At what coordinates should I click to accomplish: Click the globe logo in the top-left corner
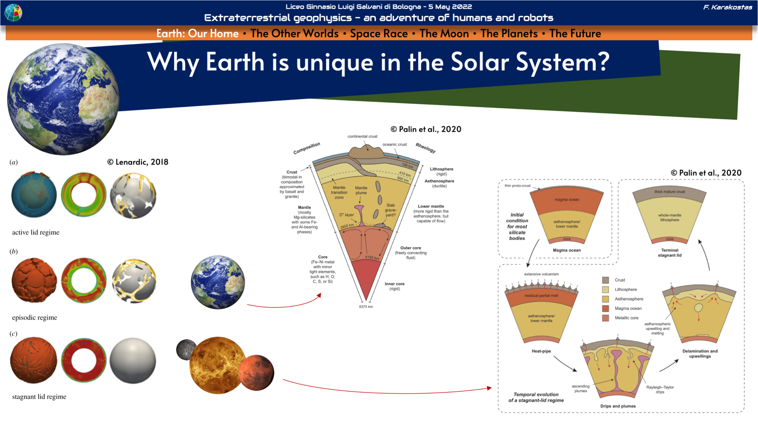tap(13, 12)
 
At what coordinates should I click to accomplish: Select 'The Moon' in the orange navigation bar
tap(444, 34)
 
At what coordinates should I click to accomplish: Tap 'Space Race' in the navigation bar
tap(379, 34)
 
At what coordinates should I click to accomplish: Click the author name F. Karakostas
tap(728, 7)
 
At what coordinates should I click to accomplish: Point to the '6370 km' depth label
tap(366, 306)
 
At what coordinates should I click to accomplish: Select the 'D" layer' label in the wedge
tap(346, 215)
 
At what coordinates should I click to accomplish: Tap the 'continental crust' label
tap(362, 136)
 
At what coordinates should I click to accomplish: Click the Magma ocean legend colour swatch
tap(605, 308)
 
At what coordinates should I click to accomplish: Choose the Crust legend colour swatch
tap(605, 280)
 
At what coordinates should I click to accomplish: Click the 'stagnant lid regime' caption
tap(39, 397)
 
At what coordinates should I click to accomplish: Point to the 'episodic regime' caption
tap(34, 318)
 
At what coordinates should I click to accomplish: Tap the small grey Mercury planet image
tap(186, 349)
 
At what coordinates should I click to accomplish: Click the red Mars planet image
tap(256, 372)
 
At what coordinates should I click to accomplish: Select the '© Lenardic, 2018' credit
tap(138, 162)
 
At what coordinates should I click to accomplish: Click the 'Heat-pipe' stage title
tap(541, 351)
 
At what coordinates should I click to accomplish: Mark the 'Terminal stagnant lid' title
tap(670, 253)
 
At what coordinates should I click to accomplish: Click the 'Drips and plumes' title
tap(618, 406)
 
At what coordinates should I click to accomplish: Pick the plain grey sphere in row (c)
tap(133, 360)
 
